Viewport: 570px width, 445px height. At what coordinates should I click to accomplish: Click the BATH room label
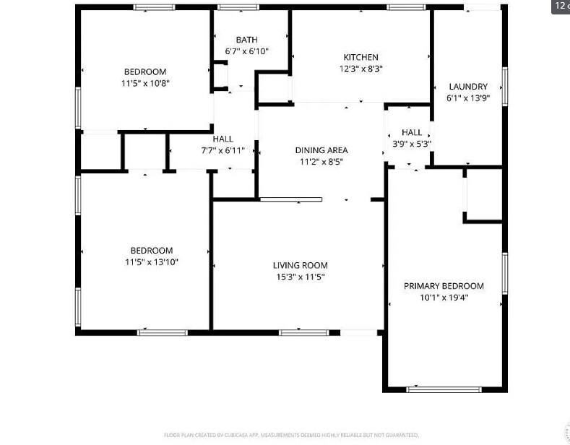246,40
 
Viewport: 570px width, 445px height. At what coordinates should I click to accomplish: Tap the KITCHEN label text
360,57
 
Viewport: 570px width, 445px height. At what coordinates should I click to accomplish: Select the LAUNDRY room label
467,86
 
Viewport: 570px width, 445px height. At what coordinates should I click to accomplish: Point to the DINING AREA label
321,150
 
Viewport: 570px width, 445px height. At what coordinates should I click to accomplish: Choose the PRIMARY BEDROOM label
444,285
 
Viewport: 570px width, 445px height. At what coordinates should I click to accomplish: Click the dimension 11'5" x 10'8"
145,83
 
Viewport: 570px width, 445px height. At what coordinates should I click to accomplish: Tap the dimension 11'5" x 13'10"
152,262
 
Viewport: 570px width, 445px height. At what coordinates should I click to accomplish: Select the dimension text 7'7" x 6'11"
223,151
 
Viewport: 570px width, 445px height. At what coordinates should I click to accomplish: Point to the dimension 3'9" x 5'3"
412,144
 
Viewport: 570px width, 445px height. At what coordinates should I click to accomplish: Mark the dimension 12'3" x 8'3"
360,69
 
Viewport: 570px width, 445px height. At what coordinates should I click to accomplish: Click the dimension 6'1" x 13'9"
467,98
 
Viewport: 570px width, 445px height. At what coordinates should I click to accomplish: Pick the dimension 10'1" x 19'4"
444,297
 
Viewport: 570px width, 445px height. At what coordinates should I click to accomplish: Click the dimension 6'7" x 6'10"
246,51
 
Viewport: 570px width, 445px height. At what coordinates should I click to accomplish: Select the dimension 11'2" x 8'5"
321,162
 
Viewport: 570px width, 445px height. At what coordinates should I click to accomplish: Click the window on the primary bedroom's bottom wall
433,389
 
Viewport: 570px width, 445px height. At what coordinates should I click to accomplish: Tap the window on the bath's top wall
238,7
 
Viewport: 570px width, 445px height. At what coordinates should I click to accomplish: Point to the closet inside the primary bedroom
483,194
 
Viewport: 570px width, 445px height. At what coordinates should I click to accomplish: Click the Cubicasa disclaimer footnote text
291,435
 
